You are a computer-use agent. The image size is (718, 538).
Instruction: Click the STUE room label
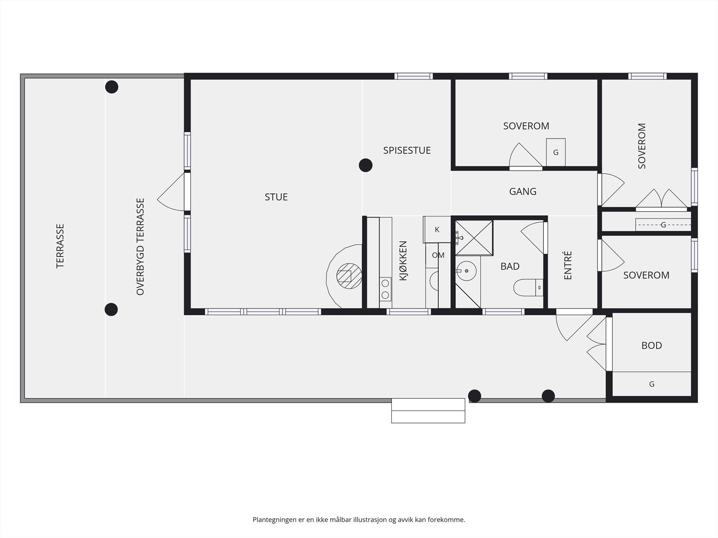(x=276, y=197)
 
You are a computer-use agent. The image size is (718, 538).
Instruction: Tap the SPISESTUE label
(x=407, y=150)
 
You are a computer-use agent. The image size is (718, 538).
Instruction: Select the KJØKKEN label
(x=403, y=260)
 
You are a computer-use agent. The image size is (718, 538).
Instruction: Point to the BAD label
(x=510, y=267)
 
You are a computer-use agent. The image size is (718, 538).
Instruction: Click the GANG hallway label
(x=523, y=191)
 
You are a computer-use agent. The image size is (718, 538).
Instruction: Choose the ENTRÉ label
(x=568, y=265)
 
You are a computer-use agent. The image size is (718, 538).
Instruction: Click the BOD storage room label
(x=652, y=346)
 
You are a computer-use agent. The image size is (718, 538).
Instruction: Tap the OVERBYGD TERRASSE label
(x=140, y=247)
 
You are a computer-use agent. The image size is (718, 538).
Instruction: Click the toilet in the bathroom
(x=528, y=287)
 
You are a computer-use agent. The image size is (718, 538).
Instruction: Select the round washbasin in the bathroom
(x=466, y=271)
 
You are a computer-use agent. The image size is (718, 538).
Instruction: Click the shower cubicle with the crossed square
(x=474, y=238)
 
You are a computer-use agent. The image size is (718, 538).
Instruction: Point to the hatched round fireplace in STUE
(x=349, y=276)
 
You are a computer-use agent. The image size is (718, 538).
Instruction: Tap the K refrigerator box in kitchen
(x=437, y=230)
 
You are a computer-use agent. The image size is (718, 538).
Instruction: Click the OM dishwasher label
(x=438, y=255)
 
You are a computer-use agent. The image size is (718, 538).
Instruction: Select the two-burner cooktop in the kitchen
(x=385, y=289)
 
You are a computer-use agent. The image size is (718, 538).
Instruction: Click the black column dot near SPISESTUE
(x=366, y=165)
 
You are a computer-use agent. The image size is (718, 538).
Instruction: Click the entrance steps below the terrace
(x=428, y=411)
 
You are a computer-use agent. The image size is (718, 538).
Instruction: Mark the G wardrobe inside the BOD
(x=652, y=384)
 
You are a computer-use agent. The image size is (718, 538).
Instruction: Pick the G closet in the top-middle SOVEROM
(x=556, y=152)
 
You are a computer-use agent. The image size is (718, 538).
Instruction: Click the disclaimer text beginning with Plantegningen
(x=359, y=519)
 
